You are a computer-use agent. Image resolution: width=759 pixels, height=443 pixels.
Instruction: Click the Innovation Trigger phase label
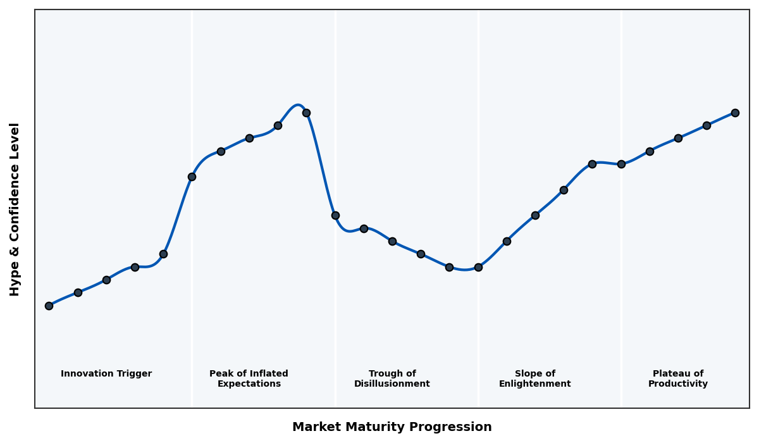click(x=106, y=374)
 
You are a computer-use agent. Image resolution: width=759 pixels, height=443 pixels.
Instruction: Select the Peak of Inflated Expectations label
click(x=249, y=378)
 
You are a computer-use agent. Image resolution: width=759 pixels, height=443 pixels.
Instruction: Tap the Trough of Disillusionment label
click(x=392, y=378)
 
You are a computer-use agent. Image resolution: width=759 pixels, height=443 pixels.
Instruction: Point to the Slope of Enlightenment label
click(x=534, y=378)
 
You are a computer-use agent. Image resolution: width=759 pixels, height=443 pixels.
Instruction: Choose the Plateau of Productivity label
click(x=677, y=378)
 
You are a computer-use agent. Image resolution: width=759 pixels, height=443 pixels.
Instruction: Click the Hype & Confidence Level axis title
click(x=15, y=209)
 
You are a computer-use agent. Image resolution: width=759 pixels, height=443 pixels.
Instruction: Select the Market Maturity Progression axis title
click(x=392, y=427)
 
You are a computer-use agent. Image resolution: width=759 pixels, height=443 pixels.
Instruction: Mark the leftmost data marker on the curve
click(x=49, y=306)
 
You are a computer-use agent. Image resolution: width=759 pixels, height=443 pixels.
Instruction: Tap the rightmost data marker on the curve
click(x=735, y=113)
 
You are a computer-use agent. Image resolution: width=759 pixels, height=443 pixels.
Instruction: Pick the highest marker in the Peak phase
click(x=306, y=113)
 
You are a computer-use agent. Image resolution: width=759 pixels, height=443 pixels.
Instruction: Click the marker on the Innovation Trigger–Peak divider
click(x=192, y=177)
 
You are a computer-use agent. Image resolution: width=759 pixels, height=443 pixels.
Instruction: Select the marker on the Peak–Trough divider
click(x=335, y=215)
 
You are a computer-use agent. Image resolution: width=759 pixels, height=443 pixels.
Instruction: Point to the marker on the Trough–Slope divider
click(x=478, y=267)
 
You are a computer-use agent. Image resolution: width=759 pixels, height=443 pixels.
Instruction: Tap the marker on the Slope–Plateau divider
click(x=621, y=164)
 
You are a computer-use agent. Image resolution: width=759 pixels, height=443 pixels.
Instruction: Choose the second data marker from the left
click(x=78, y=292)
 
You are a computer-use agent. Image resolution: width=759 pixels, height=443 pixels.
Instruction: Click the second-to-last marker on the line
click(x=707, y=125)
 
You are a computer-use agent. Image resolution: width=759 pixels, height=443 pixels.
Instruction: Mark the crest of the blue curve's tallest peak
click(x=298, y=105)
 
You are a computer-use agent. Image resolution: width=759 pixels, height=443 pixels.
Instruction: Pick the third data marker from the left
click(x=106, y=280)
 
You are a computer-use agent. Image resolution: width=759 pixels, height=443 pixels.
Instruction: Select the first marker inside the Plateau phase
click(x=650, y=151)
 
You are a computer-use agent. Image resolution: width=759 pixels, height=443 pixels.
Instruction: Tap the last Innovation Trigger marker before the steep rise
click(x=163, y=254)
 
